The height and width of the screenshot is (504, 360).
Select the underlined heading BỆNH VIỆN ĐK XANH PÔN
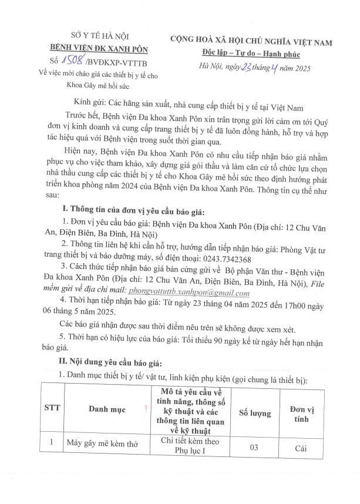pos(94,49)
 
